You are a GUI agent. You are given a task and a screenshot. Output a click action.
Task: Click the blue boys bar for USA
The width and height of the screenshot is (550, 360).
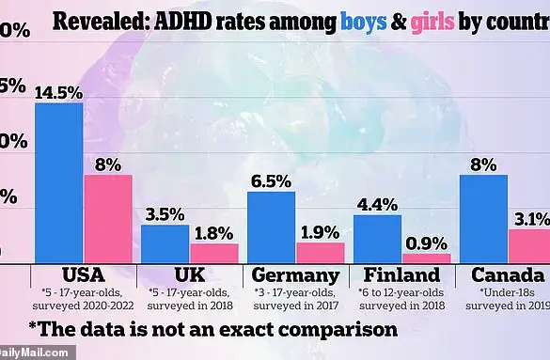point(59,182)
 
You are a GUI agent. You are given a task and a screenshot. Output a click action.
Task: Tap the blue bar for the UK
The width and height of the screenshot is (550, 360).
point(165,243)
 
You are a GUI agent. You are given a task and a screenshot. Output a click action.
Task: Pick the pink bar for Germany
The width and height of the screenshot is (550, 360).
point(321,252)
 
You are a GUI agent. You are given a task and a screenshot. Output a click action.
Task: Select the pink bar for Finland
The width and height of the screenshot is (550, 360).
point(427,258)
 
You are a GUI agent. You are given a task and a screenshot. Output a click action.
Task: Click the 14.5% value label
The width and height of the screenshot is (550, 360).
point(58,92)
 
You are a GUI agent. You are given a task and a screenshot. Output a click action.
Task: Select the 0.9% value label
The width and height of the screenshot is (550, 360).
point(427,243)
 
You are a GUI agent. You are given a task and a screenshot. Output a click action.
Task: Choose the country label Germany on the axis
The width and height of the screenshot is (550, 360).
point(295,275)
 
